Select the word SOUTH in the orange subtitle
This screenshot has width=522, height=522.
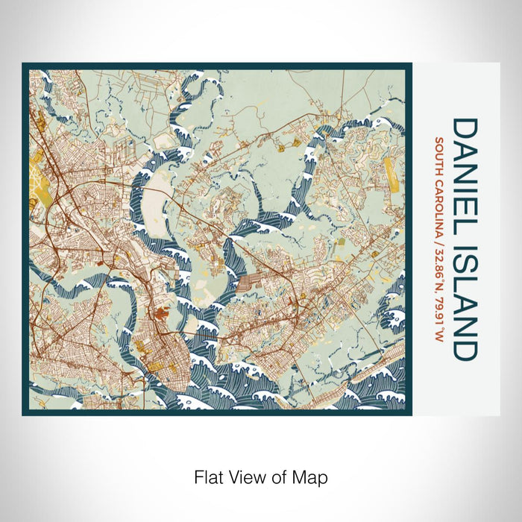(x=440, y=156)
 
